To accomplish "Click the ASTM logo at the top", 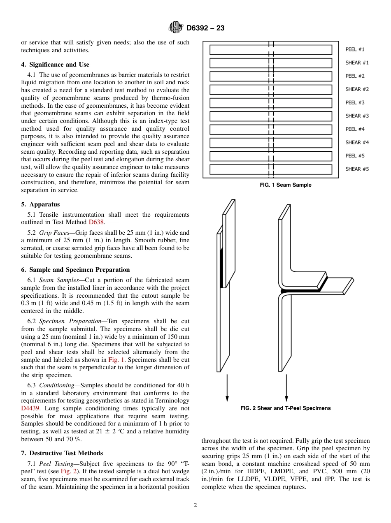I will click(176, 28).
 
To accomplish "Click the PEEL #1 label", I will click(355, 49).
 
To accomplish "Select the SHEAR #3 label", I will click(357, 116).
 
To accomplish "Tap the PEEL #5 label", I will click(355, 156).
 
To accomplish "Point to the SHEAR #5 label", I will click(357, 169).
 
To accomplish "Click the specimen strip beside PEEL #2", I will click(270, 76).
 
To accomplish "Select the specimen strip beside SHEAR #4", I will click(270, 143).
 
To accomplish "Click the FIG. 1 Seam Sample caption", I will click(285, 185).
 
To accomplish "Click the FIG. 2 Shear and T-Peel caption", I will click(285, 408).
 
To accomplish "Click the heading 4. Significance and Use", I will click(55, 65).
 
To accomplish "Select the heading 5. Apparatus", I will click(40, 204).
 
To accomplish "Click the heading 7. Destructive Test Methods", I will click(62, 453).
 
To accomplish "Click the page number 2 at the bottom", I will click(195, 505).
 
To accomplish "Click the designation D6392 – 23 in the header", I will click(205, 28).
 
